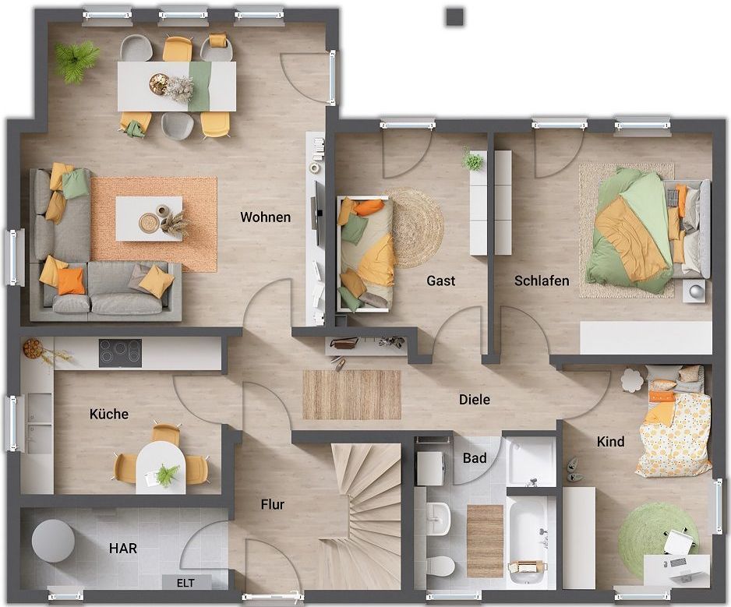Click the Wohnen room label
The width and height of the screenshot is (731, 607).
tap(265, 217)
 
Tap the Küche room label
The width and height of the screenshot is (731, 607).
tap(109, 414)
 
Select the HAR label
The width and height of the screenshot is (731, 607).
tap(123, 548)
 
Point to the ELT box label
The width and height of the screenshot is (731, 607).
tap(185, 583)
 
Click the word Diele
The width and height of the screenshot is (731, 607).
tap(475, 399)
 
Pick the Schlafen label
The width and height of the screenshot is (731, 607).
tap(542, 281)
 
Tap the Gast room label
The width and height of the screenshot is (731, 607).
tap(441, 281)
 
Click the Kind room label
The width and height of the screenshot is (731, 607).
tap(610, 441)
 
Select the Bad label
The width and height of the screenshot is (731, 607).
tap(475, 458)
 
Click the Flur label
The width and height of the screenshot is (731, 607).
tap(273, 504)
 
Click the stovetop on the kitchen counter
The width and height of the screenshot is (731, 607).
tap(120, 353)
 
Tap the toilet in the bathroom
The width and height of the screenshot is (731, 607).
tap(440, 566)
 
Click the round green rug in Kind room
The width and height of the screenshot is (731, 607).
tap(657, 529)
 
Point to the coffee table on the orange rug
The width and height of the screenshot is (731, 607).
tap(149, 219)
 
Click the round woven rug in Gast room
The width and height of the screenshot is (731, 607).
tap(415, 228)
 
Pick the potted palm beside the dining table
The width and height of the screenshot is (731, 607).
tap(76, 60)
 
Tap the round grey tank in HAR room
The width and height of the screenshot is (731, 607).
tap(53, 541)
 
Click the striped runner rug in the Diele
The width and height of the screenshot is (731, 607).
tap(351, 394)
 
